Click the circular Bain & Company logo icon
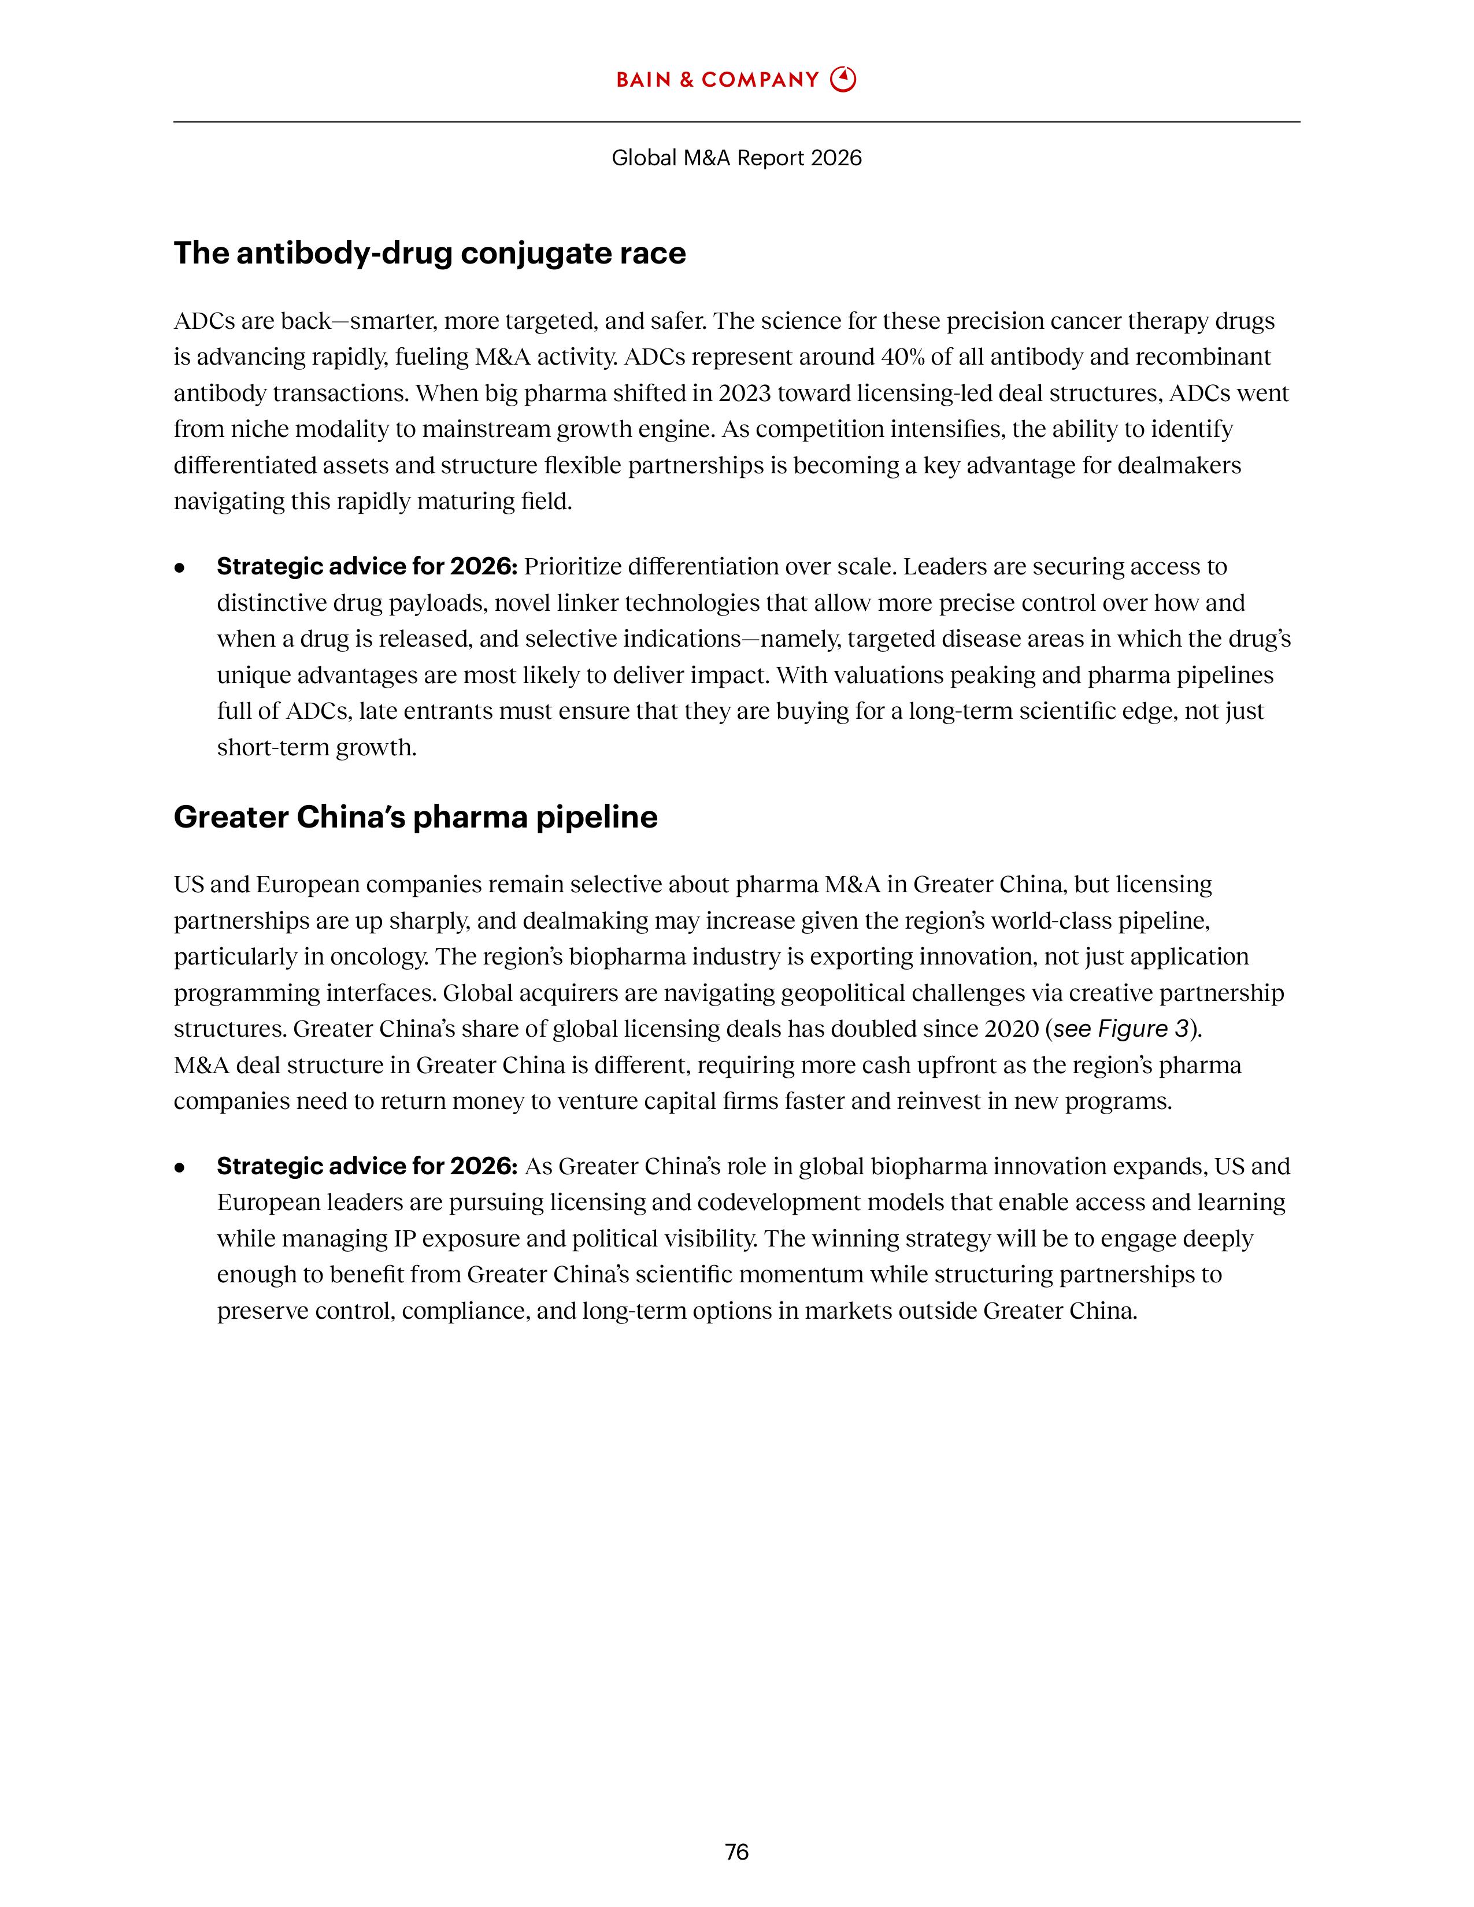click(x=843, y=80)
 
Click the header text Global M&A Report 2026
click(x=736, y=158)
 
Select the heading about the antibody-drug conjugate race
click(x=429, y=253)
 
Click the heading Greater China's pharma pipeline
click(x=416, y=817)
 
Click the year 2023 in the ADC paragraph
click(x=743, y=393)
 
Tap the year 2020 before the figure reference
click(x=1010, y=1029)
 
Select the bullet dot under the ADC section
click(x=180, y=567)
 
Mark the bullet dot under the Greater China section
click(x=180, y=1167)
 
